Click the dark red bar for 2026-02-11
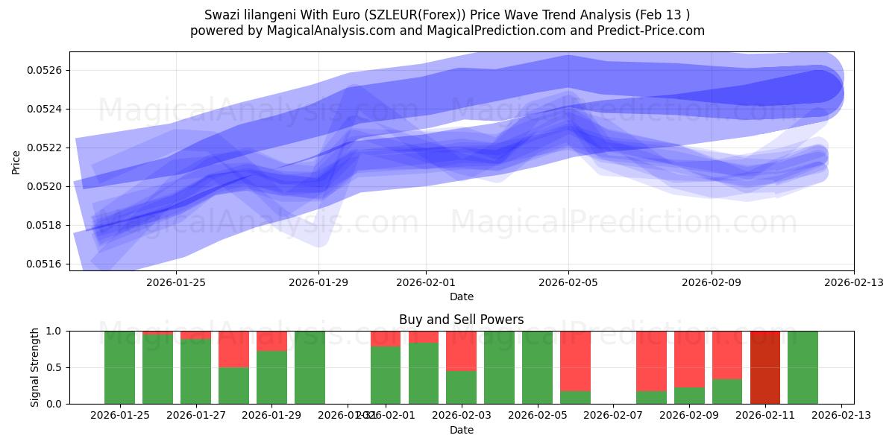coord(764,367)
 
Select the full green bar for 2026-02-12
coord(803,367)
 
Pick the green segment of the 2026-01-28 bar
coord(233,385)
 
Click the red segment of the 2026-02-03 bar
coord(461,350)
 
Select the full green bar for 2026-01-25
coord(119,367)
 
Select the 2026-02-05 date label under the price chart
coord(568,282)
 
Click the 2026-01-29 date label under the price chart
coord(318,282)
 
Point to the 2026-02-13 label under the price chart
coord(853,282)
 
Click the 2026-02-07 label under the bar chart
coord(613,416)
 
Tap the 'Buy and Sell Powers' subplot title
coord(461,320)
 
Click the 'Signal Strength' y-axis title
coord(35,367)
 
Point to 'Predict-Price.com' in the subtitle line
coord(653,31)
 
